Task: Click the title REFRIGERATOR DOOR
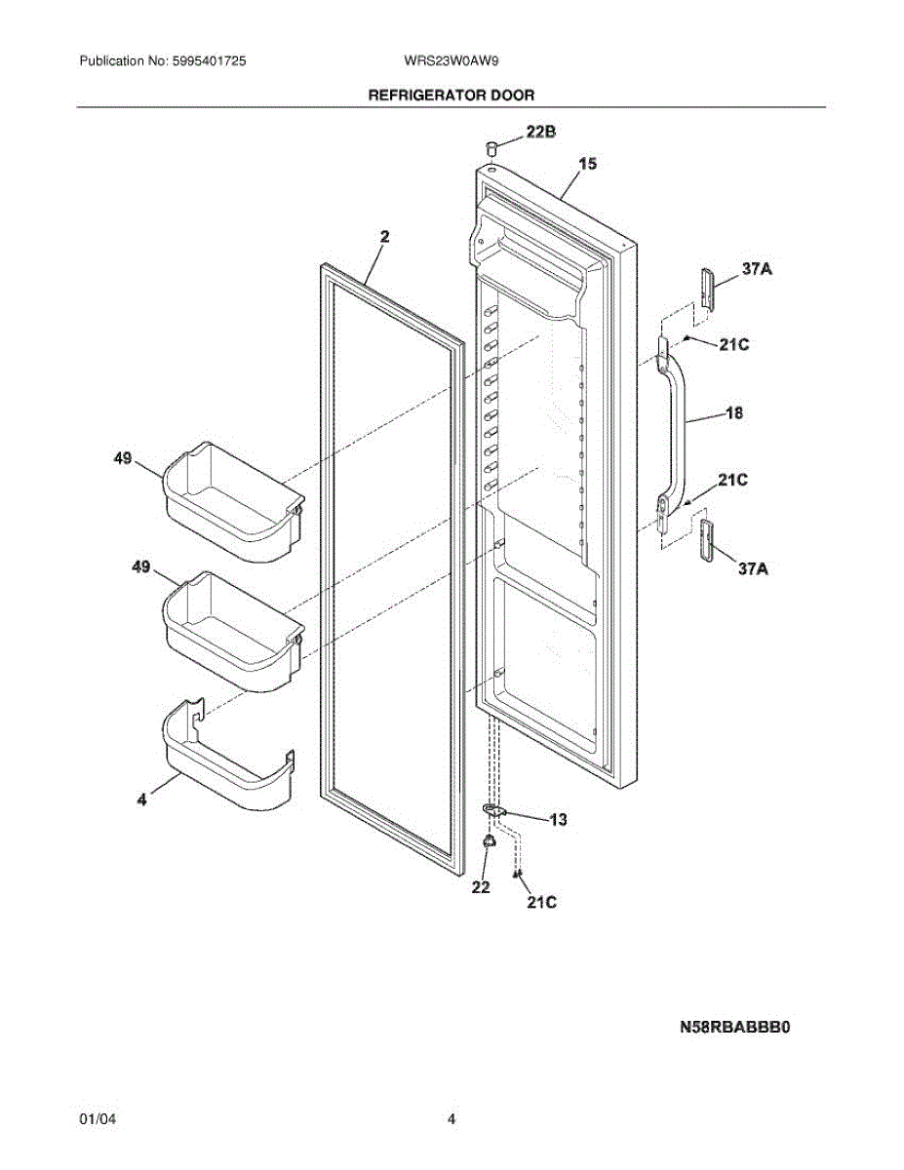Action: tap(451, 96)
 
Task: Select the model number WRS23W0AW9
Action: tap(452, 60)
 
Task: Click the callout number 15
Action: tap(588, 164)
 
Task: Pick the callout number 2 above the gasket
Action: tap(385, 236)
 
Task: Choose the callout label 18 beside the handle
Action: tap(734, 413)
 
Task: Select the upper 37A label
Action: tap(758, 270)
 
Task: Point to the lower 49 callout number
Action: tap(141, 567)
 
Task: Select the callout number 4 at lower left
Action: tap(142, 799)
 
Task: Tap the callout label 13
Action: tap(557, 820)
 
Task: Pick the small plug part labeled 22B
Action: tap(492, 147)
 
